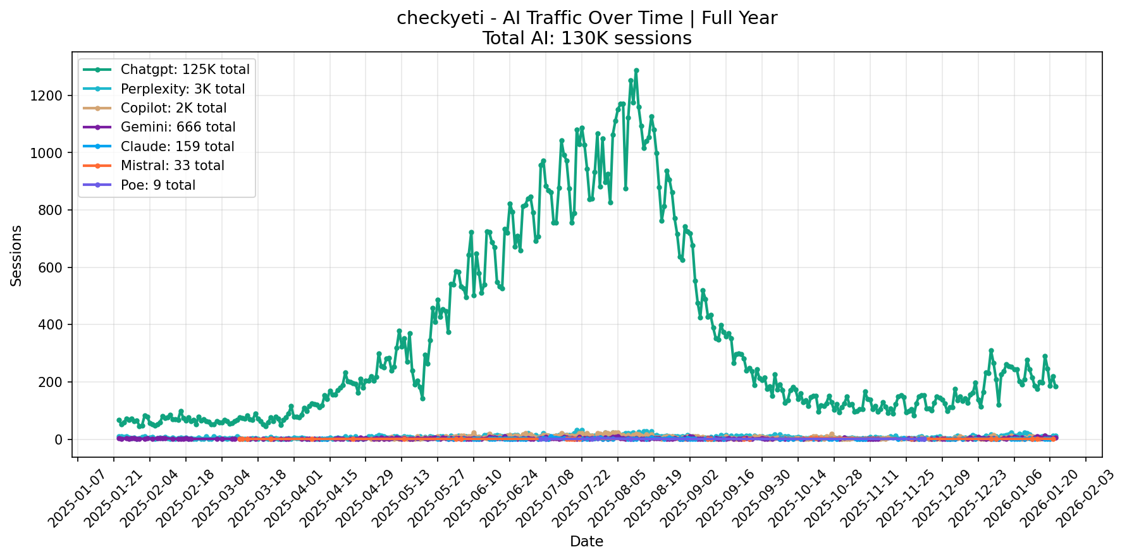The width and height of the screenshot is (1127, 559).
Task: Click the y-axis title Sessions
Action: point(16,255)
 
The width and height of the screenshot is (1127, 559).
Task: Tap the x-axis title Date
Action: point(586,542)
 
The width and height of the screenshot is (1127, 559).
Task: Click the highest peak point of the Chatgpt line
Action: point(636,71)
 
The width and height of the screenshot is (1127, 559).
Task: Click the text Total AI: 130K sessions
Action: point(586,39)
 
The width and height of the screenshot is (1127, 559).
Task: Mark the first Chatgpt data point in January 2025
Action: point(119,420)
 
